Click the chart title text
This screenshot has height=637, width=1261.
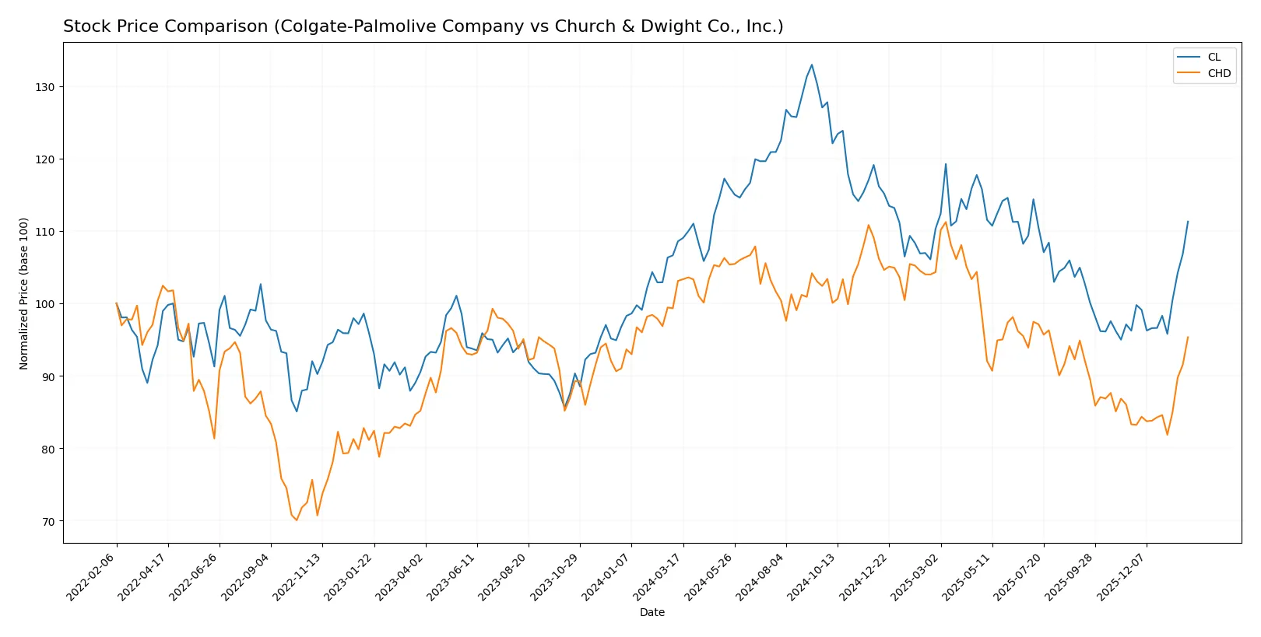click(x=423, y=26)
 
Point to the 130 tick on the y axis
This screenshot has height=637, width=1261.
click(x=45, y=87)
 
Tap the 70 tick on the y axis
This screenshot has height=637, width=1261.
click(x=48, y=522)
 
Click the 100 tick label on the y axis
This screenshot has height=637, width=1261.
click(x=45, y=304)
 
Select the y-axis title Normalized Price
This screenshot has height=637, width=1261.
click(x=24, y=293)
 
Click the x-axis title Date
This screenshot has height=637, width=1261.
click(x=652, y=612)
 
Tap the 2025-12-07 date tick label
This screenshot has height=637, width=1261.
click(x=1122, y=577)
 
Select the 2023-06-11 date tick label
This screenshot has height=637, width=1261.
click(x=452, y=577)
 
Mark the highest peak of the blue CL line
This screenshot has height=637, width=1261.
click(x=811, y=65)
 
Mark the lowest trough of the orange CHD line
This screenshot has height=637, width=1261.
click(x=297, y=520)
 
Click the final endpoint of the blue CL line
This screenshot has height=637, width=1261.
click(x=1188, y=221)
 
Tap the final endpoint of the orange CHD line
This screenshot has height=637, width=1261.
click(x=1188, y=337)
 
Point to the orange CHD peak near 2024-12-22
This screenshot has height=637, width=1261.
click(x=869, y=225)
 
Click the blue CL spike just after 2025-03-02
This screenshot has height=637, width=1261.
click(x=946, y=163)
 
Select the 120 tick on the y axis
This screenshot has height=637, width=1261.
click(x=45, y=159)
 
